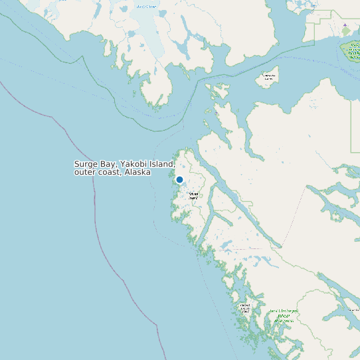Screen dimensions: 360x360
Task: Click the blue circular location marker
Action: point(179,179)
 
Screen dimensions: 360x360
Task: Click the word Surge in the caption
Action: point(86,164)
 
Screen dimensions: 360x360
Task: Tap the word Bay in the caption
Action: point(108,164)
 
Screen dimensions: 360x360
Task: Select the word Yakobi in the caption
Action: point(134,164)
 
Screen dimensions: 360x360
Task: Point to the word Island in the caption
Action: point(162,164)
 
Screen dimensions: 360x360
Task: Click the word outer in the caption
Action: point(84,172)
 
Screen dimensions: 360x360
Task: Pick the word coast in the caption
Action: point(108,172)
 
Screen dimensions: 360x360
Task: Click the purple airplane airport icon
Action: point(345,25)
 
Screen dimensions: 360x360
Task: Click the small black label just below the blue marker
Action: point(193,195)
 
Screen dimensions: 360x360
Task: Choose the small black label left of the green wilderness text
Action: point(245,308)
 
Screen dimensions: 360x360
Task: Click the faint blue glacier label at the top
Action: point(147,7)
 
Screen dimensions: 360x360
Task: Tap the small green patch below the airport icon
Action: point(345,32)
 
